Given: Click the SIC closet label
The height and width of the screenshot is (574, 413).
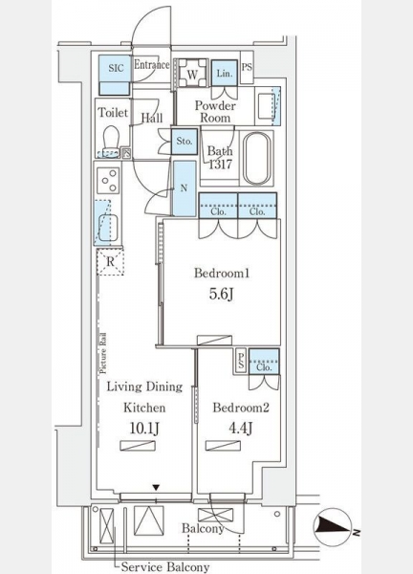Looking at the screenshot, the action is point(117,68).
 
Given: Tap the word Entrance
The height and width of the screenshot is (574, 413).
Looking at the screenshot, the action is point(152,65).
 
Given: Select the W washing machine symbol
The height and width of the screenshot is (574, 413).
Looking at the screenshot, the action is point(192,75).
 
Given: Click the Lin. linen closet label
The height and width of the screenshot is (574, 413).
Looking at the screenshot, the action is point(225,74).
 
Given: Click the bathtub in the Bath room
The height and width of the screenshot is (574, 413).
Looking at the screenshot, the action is point(257,159).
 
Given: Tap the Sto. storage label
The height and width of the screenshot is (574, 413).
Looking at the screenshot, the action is point(185,141).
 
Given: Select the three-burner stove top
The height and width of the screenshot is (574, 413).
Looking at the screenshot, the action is point(108,180).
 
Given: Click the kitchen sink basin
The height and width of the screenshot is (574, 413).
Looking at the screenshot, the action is point(108,228).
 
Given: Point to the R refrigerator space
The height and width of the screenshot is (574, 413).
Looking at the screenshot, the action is point(110,261).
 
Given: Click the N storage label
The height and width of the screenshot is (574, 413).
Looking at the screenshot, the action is point(184,188).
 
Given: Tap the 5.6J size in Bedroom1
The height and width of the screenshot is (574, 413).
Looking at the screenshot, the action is point(221,295).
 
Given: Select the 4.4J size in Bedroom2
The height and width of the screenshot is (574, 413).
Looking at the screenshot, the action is point(240,428).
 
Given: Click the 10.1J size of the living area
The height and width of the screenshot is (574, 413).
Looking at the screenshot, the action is point(144,428).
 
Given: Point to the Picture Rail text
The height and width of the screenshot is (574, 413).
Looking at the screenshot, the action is point(103,353).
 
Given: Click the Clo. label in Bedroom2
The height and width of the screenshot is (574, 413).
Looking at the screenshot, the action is point(264,366).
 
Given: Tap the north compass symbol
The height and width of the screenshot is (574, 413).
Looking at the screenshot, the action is point(333,527).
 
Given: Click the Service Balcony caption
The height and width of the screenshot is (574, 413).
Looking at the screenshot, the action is point(165,566).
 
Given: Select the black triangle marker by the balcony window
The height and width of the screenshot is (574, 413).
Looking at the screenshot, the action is point(156,487).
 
